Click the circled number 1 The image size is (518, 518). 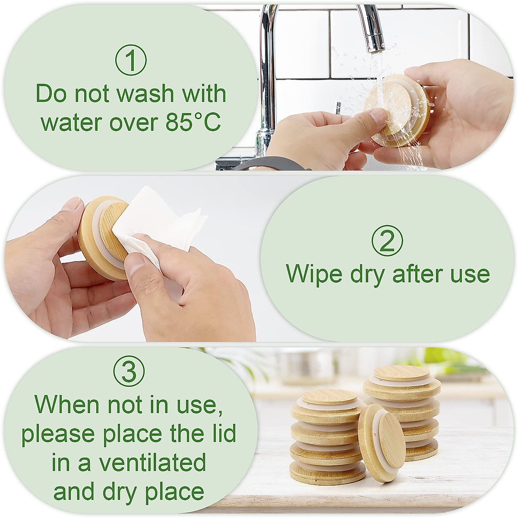tap(131, 61)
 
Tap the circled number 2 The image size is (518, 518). tap(387, 240)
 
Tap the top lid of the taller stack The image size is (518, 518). tap(401, 373)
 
